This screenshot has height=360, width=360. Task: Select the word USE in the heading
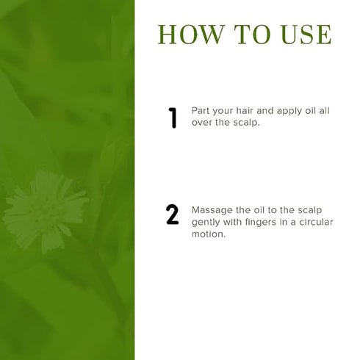click(306, 35)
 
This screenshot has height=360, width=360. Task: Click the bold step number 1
click(173, 118)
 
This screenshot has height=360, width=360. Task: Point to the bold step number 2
click(172, 215)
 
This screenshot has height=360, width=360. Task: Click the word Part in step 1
click(201, 111)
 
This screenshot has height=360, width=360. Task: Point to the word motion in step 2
click(208, 234)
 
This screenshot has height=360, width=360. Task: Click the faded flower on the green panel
click(46, 212)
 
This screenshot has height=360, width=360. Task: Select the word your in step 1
click(223, 112)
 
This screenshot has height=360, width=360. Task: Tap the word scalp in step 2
click(310, 211)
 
